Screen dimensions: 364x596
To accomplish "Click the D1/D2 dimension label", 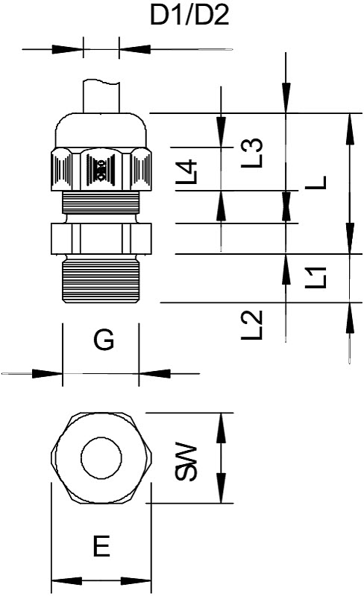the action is (189, 16).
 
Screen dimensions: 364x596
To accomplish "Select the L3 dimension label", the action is (252, 153).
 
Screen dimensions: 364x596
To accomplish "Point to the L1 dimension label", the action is (316, 277).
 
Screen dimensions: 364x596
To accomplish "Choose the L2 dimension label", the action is (252, 325).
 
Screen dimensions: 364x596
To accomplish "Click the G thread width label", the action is (104, 340).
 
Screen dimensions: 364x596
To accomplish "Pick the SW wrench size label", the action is (186, 461).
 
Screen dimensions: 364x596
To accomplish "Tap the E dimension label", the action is (101, 546).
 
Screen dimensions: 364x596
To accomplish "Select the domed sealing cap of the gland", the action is (101, 130).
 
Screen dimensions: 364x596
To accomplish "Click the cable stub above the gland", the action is (101, 96).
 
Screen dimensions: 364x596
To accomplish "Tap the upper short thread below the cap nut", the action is (101, 203).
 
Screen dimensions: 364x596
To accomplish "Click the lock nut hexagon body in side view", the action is (101, 238).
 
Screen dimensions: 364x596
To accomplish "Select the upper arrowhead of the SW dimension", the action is (222, 428).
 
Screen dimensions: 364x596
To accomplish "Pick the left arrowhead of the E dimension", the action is (66, 581).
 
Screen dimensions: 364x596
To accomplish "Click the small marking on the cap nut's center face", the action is (101, 170).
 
